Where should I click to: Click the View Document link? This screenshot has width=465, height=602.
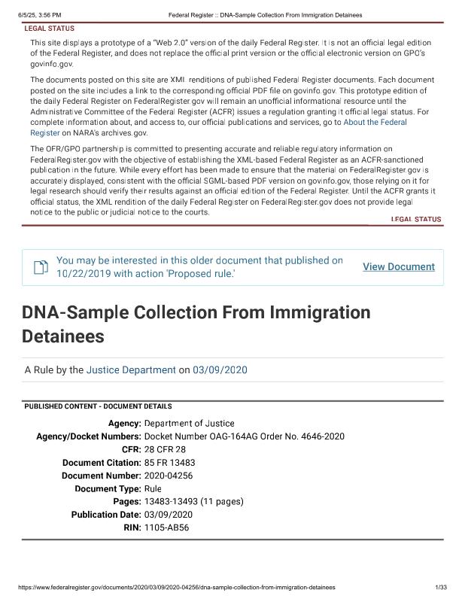398,267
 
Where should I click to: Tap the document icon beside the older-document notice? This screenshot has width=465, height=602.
40,267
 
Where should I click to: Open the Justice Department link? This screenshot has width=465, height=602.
130,370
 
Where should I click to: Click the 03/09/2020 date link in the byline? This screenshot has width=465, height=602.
220,370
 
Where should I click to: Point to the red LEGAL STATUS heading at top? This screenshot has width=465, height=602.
50,29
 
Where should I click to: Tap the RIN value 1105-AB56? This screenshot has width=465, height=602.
166,528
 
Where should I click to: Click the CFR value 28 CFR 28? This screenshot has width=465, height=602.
164,449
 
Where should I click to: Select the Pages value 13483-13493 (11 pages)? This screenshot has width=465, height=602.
193,501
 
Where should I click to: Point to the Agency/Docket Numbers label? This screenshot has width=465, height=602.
89,436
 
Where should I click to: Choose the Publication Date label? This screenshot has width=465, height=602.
106,515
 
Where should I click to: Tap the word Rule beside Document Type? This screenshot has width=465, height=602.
153,488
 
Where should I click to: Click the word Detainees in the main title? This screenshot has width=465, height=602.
62,335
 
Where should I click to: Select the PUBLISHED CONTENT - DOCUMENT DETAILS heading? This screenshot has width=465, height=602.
98,406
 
